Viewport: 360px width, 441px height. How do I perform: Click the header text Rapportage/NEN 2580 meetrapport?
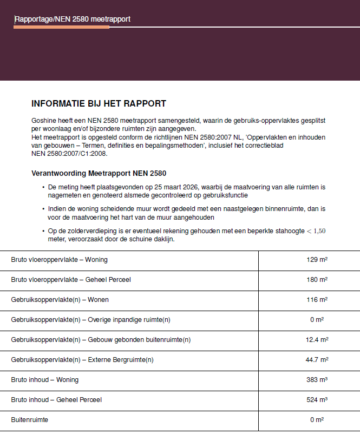pos(73,19)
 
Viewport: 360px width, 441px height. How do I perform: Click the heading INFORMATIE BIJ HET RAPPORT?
pos(99,104)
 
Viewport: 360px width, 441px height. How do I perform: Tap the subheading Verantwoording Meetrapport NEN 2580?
pos(99,174)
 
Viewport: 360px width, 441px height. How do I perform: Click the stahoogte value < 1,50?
pos(316,231)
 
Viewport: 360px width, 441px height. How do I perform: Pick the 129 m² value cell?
pos(317,260)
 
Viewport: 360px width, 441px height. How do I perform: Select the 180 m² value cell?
pos(317,280)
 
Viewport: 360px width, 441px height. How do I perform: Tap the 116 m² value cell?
pos(317,300)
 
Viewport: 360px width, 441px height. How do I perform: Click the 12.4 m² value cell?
pos(317,340)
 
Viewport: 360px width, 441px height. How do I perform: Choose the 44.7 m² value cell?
pos(317,360)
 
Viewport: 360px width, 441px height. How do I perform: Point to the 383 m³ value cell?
pos(317,380)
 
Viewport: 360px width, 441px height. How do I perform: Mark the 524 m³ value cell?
pos(317,400)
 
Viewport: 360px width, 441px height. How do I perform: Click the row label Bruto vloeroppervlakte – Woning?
pos(60,260)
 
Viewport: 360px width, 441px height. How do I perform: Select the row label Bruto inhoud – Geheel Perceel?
pos(56,400)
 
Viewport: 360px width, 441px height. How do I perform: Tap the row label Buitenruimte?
pos(29,420)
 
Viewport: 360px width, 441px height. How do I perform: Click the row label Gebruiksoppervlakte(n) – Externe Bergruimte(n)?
pos(82,360)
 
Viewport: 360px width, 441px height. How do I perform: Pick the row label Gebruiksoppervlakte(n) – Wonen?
pos(60,300)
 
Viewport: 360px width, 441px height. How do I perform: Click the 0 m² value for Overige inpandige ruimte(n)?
pos(317,320)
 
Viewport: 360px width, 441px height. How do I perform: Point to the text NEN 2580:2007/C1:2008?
pos(70,153)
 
